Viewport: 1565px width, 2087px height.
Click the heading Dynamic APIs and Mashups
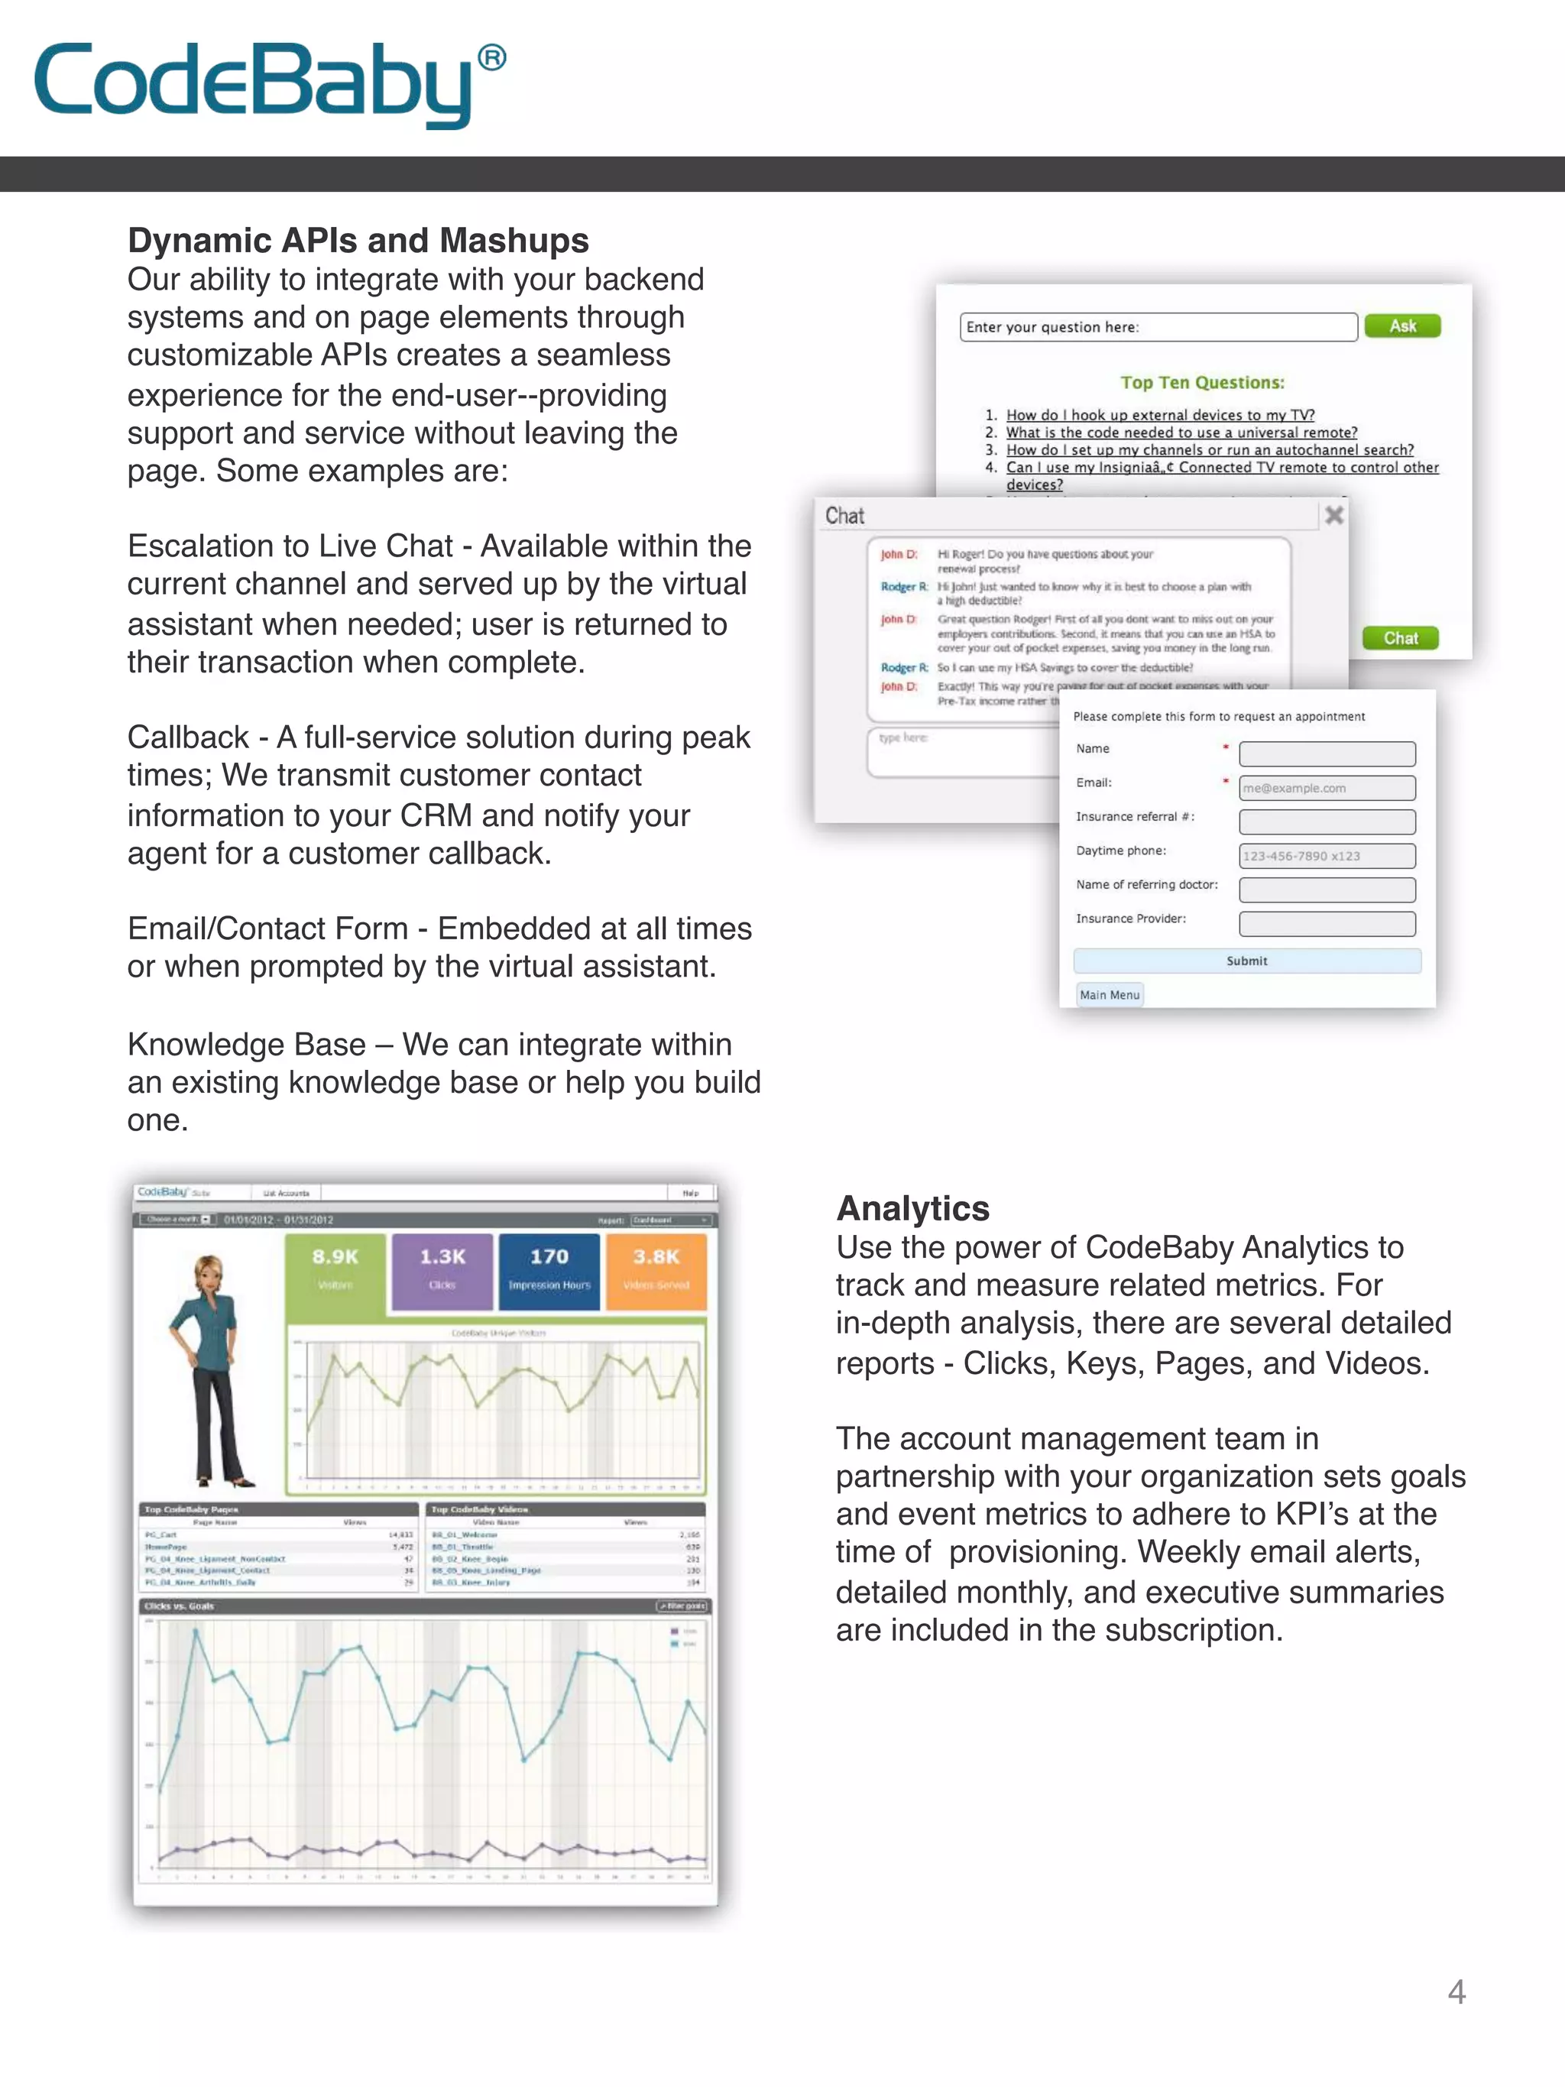pyautogui.click(x=358, y=241)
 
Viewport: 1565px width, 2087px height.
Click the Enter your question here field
pyautogui.click(x=1158, y=327)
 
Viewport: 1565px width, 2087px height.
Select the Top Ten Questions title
pyautogui.click(x=1202, y=382)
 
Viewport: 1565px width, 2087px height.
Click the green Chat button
pyautogui.click(x=1400, y=639)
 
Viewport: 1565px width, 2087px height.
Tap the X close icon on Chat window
pyautogui.click(x=1334, y=515)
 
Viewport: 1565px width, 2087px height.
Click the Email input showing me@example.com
pyautogui.click(x=1327, y=788)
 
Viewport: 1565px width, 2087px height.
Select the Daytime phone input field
pyautogui.click(x=1327, y=856)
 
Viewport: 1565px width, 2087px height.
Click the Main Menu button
pyautogui.click(x=1110, y=994)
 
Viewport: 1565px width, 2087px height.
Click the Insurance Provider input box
pyautogui.click(x=1327, y=924)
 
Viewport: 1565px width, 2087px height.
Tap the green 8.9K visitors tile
pyautogui.click(x=335, y=1270)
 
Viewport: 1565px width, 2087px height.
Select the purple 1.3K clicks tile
pyautogui.click(x=442, y=1270)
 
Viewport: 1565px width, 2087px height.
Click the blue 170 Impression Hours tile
pyautogui.click(x=549, y=1270)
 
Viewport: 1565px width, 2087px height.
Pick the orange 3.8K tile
pyautogui.click(x=656, y=1270)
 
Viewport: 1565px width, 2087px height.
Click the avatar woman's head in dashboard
pyautogui.click(x=209, y=1275)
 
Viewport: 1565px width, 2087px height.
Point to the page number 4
pyautogui.click(x=1456, y=1991)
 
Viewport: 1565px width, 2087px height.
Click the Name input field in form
pyautogui.click(x=1327, y=753)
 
